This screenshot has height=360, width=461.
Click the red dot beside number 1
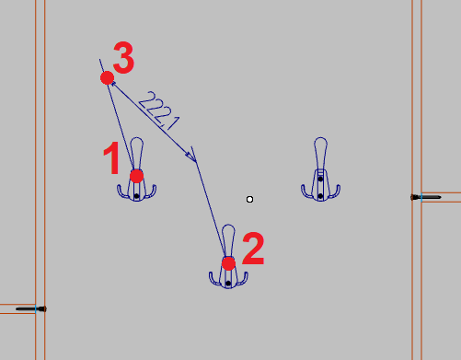pos(136,176)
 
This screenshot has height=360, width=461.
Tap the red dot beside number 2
pos(228,263)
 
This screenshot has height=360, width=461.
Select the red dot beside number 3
pos(108,78)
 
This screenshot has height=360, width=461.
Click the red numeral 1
pos(112,158)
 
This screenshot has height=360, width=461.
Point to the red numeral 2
pos(253,249)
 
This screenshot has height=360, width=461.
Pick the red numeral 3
pos(123,57)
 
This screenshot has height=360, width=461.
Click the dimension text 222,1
pos(159,110)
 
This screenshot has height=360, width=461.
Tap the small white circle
pos(249,200)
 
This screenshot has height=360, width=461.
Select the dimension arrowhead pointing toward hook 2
pos(191,157)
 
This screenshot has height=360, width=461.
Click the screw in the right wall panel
pos(426,197)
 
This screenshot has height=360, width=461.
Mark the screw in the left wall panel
pos(31,308)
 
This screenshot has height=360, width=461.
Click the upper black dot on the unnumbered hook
pos(320,179)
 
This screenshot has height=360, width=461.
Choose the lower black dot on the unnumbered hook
pos(320,196)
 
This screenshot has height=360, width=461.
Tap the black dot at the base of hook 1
pos(137,196)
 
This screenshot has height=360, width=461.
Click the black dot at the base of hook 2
pos(228,283)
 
